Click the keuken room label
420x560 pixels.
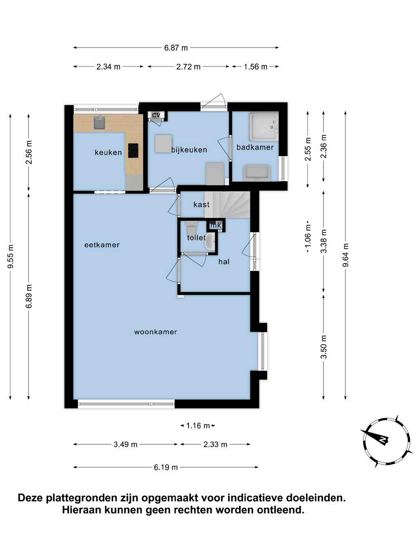[108, 153]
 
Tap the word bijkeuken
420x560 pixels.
[189, 150]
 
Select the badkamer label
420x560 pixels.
[255, 147]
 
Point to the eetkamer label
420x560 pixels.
[102, 245]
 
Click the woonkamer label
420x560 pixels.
[155, 332]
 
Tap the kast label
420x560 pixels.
[202, 204]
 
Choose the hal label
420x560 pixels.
[224, 262]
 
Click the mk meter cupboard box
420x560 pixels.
[216, 225]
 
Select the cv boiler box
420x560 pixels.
[156, 115]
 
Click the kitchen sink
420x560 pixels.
[100, 123]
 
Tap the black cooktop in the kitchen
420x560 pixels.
[133, 151]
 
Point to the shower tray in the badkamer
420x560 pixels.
[264, 127]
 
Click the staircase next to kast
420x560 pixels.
[227, 205]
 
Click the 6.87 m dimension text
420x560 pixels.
[176, 48]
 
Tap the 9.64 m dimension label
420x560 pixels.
[346, 255]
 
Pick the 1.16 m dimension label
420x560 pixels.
[198, 426]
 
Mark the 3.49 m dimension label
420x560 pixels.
[125, 445]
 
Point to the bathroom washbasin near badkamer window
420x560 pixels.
[257, 173]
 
